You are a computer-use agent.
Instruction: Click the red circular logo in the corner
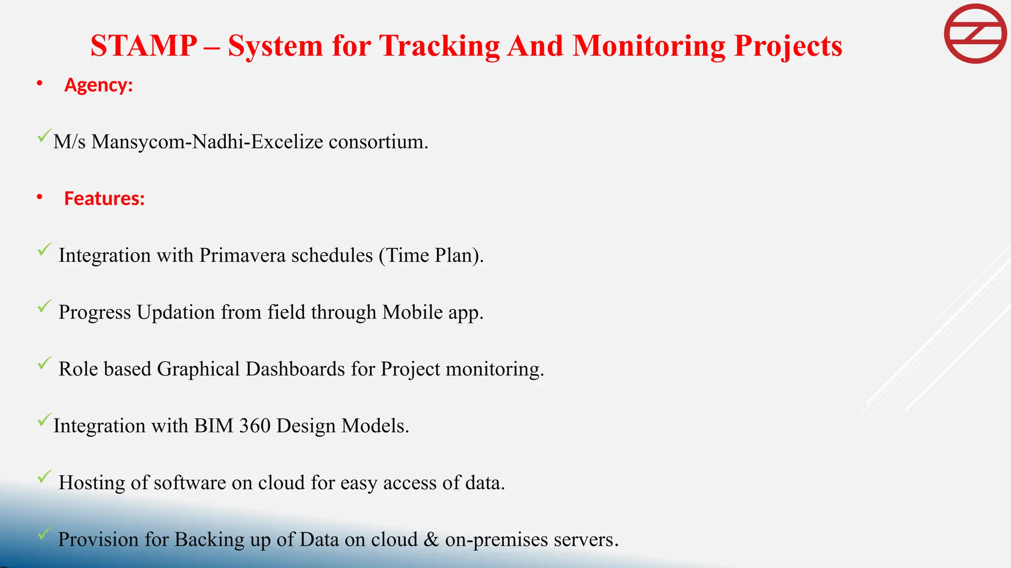tap(975, 34)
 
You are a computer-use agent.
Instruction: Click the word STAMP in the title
tap(144, 46)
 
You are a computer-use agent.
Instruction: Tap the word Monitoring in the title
tap(649, 46)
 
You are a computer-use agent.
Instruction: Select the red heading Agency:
tap(99, 85)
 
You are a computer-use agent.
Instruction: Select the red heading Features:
tap(105, 198)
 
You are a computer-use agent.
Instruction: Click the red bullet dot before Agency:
tap(39, 84)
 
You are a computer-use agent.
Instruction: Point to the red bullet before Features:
tap(39, 198)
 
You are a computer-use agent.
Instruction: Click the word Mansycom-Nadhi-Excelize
tap(207, 142)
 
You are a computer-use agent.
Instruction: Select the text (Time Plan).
tap(431, 255)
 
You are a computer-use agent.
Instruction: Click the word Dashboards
tap(295, 369)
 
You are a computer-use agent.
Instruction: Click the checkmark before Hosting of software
tap(44, 477)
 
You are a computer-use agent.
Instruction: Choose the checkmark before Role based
tap(44, 363)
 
